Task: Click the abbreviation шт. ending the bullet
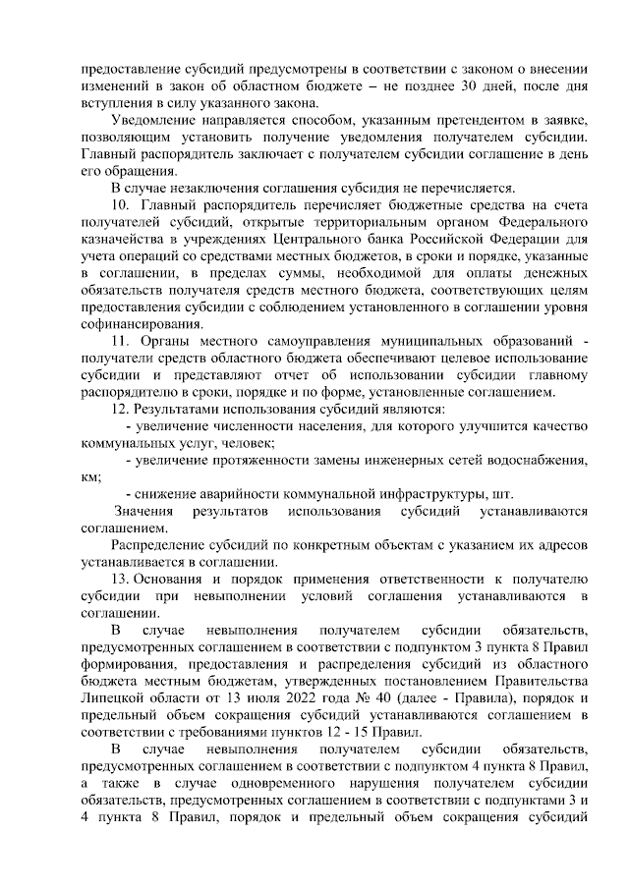pyautogui.click(x=502, y=494)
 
